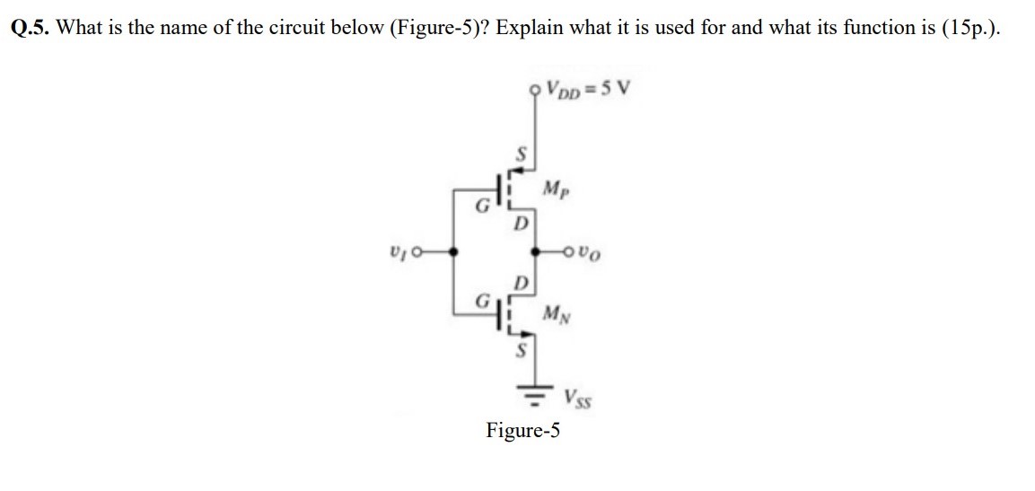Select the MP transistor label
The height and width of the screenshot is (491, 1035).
(x=555, y=189)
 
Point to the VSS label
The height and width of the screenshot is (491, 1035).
(x=579, y=396)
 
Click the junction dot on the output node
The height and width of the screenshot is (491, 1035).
(x=537, y=253)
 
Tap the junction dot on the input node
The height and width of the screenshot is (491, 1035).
(x=454, y=253)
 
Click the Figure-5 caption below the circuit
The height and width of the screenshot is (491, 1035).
(x=522, y=430)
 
